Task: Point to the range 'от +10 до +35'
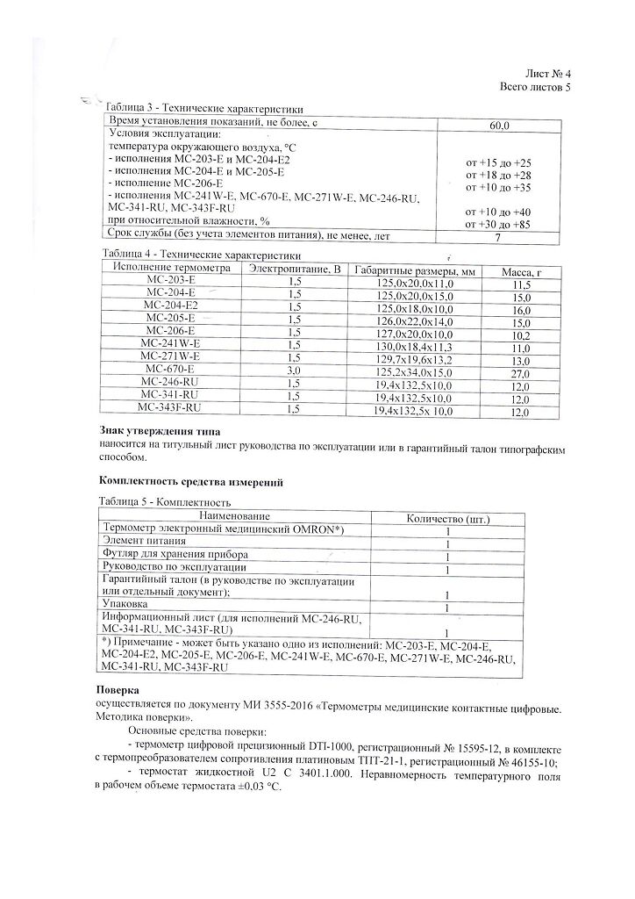[498, 188]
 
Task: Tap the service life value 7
[497, 238]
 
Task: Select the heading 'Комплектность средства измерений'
[189, 482]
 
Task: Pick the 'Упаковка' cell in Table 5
[125, 605]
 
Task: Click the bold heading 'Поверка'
[118, 690]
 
